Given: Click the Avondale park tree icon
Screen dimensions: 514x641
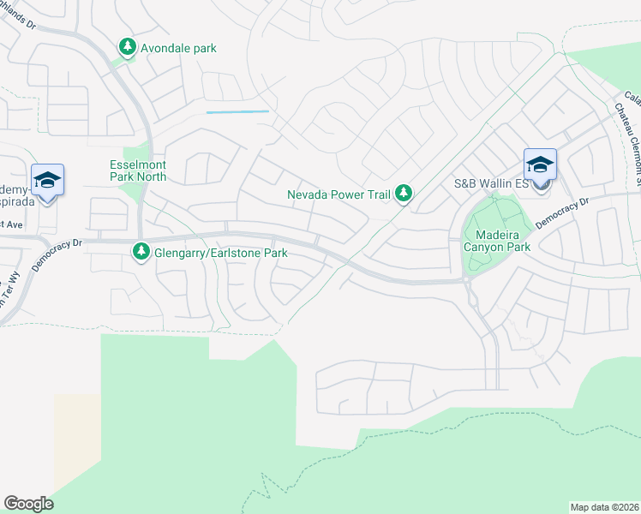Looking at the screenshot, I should coord(128,47).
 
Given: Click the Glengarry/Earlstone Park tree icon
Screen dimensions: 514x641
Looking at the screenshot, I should coord(141,252).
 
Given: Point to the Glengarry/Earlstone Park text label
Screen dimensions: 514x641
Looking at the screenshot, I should coord(220,253).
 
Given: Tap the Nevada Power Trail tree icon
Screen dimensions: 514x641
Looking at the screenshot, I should coord(403,194).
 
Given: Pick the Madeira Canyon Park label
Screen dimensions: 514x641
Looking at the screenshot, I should coord(496,240).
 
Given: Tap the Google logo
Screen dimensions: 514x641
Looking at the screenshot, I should coord(28,504).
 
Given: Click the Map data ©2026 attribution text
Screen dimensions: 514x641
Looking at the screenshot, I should coord(604,506).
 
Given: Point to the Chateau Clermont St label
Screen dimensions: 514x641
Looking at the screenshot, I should coord(629,141).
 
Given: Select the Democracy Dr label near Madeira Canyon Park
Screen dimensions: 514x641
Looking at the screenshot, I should coord(563,213).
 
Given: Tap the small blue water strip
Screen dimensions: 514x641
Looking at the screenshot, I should coord(237,112).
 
